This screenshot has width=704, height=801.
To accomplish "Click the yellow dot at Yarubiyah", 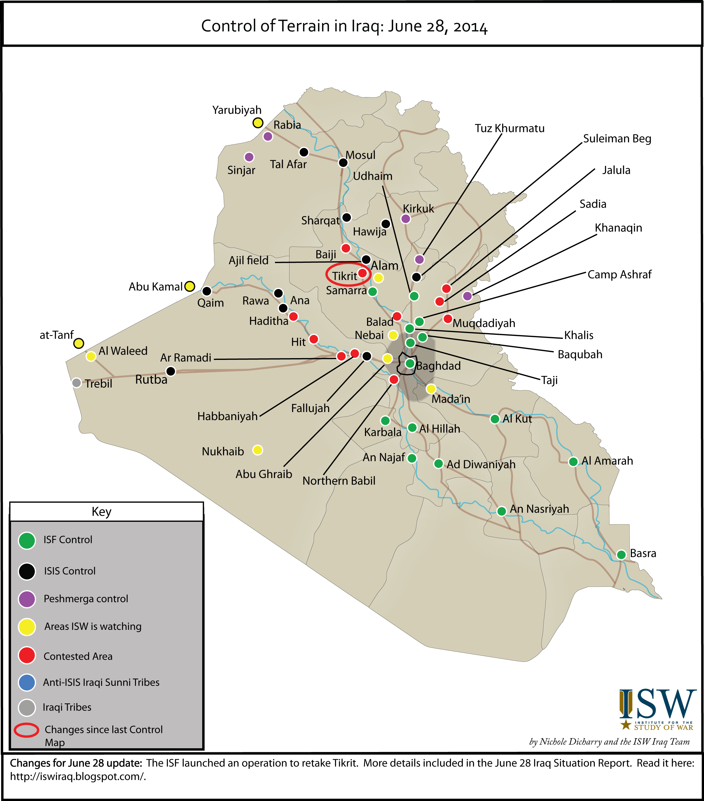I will click(x=258, y=123).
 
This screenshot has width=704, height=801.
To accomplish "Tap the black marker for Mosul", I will click(x=343, y=162).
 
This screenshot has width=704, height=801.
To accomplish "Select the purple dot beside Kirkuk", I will click(x=406, y=219).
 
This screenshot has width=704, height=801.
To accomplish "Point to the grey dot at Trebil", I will click(x=77, y=382).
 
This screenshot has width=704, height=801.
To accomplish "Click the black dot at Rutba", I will click(x=171, y=371).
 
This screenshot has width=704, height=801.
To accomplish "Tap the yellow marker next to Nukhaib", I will click(x=258, y=450).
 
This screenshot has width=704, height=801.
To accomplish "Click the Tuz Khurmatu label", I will click(x=509, y=129).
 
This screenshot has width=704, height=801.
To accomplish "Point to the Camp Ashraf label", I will click(x=619, y=274).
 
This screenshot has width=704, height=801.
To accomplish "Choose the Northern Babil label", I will click(x=339, y=481).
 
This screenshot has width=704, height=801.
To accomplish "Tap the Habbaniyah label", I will click(x=227, y=416).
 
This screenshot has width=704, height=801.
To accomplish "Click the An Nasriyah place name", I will click(x=539, y=509).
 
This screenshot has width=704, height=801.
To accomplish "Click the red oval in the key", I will click(x=27, y=730).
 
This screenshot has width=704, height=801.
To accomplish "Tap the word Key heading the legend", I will click(x=101, y=511).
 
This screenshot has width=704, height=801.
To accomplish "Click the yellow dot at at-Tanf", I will click(x=79, y=343).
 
